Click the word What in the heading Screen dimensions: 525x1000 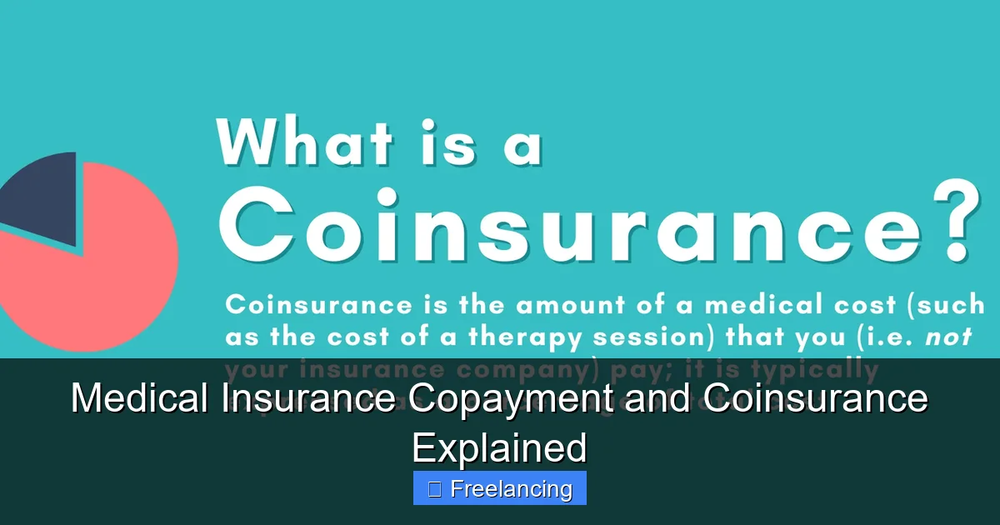click(x=304, y=142)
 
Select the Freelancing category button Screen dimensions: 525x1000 click(x=500, y=488)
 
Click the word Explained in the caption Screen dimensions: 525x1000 click(x=500, y=448)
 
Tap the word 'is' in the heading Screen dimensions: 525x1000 click(x=446, y=142)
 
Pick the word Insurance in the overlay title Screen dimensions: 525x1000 click(x=308, y=398)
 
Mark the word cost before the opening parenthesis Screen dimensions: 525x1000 click(x=864, y=305)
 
